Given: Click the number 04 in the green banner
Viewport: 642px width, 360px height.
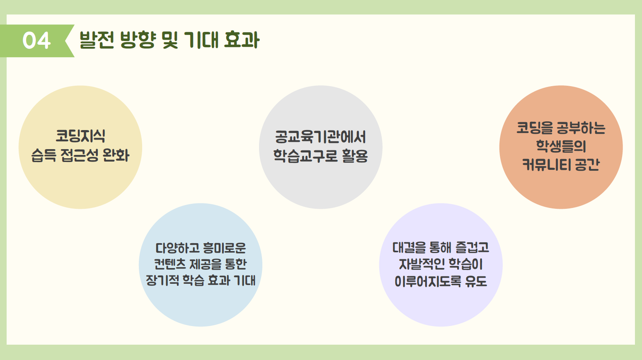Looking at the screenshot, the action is pyautogui.click(x=36, y=41).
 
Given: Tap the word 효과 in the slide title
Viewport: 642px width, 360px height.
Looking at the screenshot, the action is pyautogui.click(x=242, y=40).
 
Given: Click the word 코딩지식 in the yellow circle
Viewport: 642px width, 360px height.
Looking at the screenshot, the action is pyautogui.click(x=80, y=136).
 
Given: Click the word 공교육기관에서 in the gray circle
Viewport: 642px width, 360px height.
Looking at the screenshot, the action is pyautogui.click(x=320, y=137).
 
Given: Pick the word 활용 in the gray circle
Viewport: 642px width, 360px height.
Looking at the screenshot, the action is pyautogui.click(x=355, y=156).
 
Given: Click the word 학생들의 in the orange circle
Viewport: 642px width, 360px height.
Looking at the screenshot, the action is pyautogui.click(x=561, y=146).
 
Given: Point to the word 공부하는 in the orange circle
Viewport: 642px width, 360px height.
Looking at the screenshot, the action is pyautogui.click(x=581, y=128).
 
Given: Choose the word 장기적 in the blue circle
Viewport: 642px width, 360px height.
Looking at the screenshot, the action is pyautogui.click(x=162, y=280).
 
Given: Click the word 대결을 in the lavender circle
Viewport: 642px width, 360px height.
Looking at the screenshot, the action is pyautogui.click(x=409, y=248).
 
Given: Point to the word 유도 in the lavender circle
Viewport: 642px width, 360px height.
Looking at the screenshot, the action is pyautogui.click(x=476, y=281).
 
